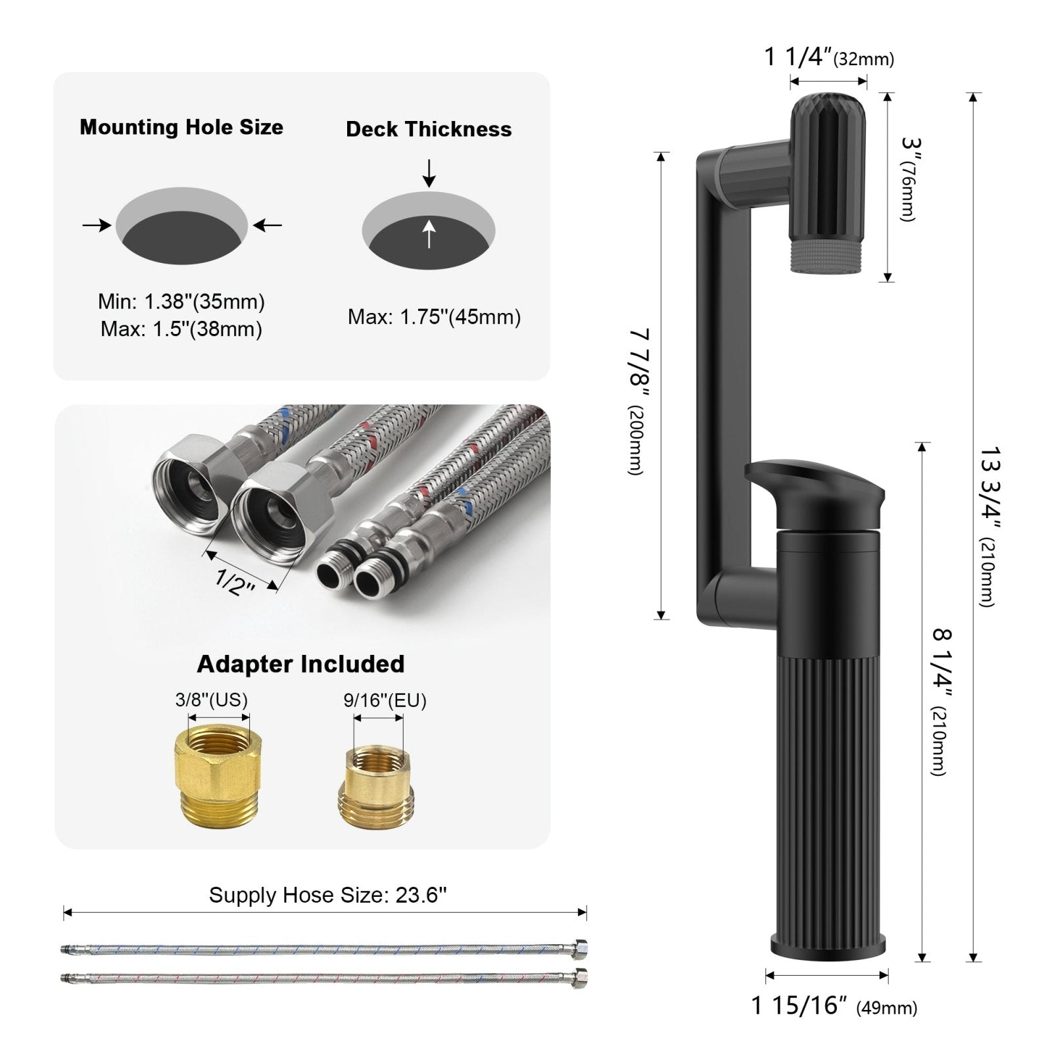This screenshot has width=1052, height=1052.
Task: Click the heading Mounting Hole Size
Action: tap(181, 127)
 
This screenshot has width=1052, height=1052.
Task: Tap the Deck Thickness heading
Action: tap(429, 129)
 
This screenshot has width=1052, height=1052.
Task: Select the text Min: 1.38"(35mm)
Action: tap(181, 302)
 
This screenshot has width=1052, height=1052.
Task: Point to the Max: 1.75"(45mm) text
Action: tap(434, 317)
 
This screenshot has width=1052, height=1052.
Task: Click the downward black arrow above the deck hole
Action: tap(429, 173)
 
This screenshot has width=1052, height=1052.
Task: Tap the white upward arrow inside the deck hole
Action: tap(429, 233)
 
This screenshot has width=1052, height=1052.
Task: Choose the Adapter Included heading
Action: tap(300, 664)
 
